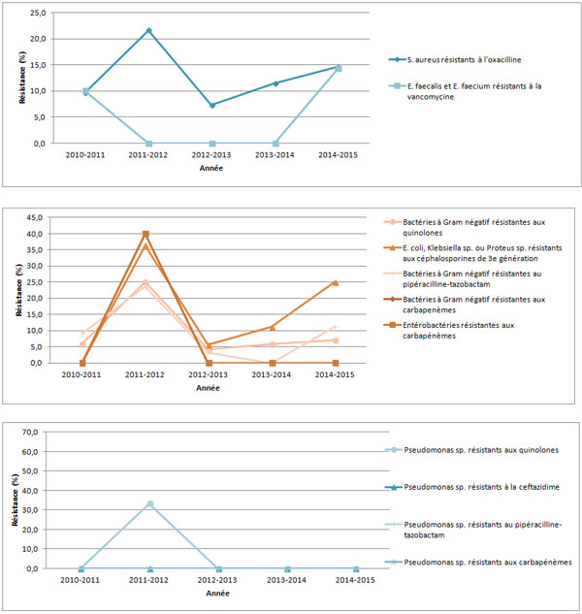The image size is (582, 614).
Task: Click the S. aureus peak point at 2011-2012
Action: pos(149,30)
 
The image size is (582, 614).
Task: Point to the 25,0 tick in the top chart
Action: pos(36,13)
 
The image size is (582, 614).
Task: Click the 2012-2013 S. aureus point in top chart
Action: pos(212,105)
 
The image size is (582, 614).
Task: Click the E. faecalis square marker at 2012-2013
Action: pos(212,143)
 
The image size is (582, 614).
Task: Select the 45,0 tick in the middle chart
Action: pos(35,217)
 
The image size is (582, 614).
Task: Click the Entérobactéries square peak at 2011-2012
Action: pos(145,234)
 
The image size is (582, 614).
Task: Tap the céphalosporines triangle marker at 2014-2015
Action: pos(336,282)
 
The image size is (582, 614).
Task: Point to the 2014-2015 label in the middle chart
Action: pos(336,374)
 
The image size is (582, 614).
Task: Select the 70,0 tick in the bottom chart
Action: pos(35,432)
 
